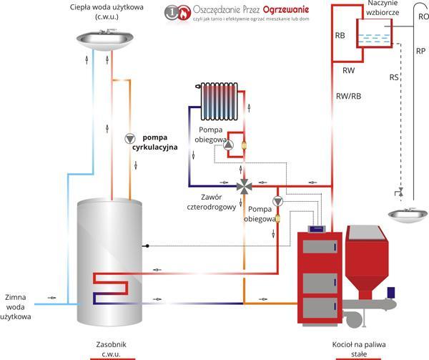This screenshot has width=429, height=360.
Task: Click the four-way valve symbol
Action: click(x=244, y=186)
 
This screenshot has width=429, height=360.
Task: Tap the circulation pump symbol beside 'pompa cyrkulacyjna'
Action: click(x=130, y=139)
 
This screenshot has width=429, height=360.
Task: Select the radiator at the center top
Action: click(x=218, y=102)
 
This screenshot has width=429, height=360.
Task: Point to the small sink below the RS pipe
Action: click(x=408, y=215)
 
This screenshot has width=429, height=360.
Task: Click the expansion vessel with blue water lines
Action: click(x=374, y=33)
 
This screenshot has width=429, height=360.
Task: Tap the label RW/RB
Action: click(x=349, y=97)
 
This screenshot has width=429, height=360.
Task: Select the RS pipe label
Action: click(x=394, y=77)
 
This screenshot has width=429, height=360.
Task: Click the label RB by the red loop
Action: click(x=340, y=36)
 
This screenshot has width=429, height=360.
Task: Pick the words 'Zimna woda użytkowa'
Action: click(x=16, y=307)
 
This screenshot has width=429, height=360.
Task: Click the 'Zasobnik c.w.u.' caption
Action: click(x=111, y=349)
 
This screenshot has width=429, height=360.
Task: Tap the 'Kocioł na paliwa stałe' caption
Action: click(x=359, y=349)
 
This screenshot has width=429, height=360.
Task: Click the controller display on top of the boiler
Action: click(x=317, y=228)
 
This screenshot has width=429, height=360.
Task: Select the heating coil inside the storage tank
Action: click(x=111, y=288)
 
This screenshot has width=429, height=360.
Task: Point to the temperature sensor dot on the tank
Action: click(x=147, y=245)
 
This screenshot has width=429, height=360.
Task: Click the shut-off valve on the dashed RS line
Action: click(x=399, y=193)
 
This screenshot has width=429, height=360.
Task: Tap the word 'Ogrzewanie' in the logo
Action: click(x=286, y=10)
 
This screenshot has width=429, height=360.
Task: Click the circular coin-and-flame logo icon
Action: click(x=177, y=12)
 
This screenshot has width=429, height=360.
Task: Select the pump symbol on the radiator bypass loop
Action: click(x=228, y=145)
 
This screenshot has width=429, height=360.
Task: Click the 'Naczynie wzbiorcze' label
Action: click(x=383, y=8)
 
